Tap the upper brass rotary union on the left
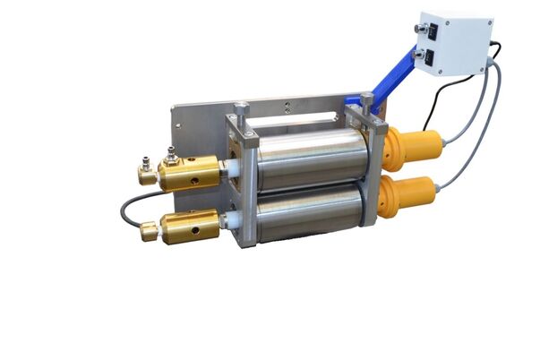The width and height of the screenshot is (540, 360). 189,172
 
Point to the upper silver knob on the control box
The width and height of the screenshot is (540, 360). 417,29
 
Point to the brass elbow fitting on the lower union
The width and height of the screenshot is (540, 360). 149,232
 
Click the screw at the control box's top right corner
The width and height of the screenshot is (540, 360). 484,21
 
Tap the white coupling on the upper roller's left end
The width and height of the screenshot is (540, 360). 227,170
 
